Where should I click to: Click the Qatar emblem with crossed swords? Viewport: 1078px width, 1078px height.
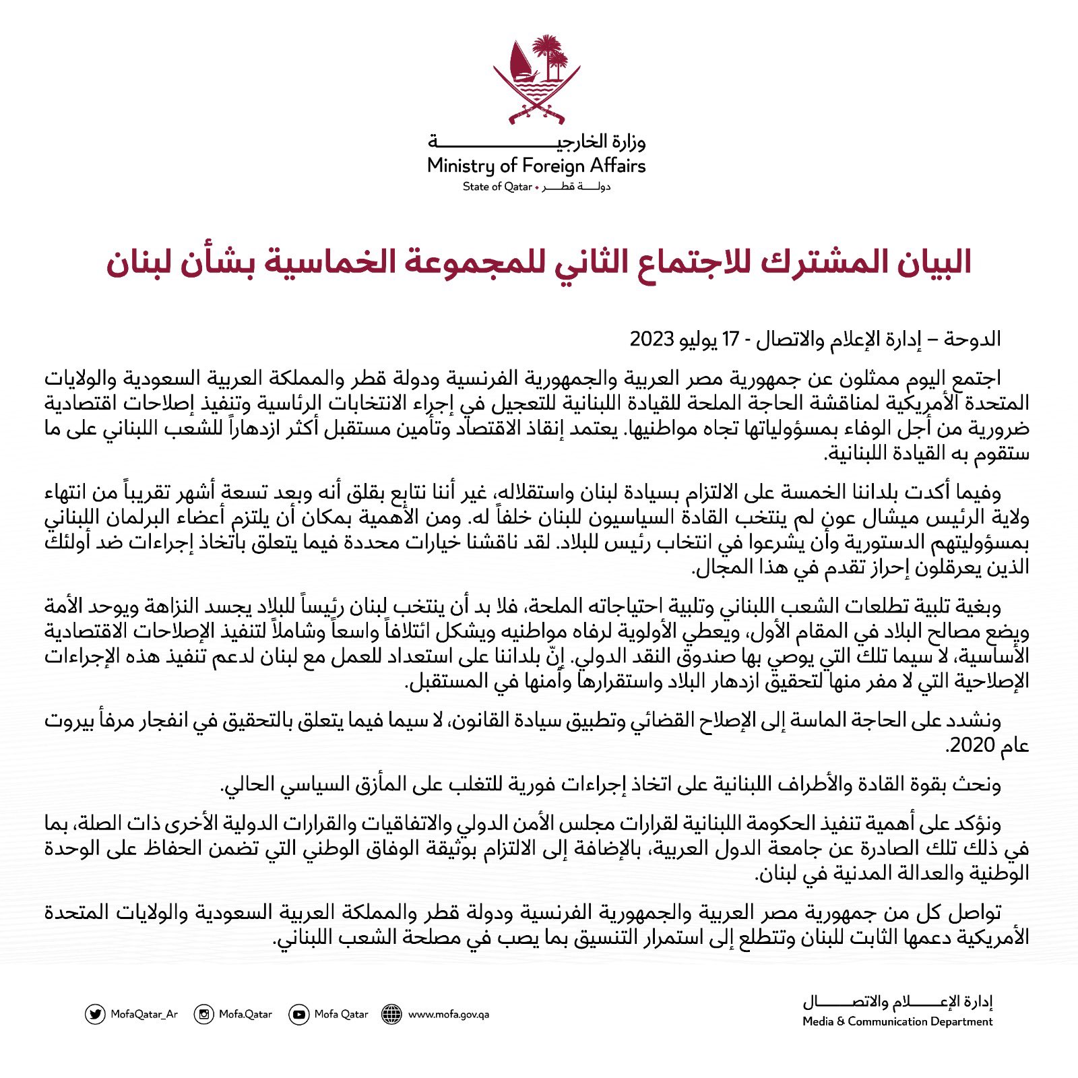coord(536,81)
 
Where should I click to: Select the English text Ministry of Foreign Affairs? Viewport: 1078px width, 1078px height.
coord(536,166)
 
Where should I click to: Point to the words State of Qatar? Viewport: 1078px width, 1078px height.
coord(497,187)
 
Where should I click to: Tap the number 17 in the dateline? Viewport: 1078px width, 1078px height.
coord(730,339)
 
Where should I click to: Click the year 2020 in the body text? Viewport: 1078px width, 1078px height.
coord(971,744)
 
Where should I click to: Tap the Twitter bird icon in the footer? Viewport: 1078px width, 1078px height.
coord(95,1014)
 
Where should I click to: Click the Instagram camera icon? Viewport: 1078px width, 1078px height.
coord(203,1014)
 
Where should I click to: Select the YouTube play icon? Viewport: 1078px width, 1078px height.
coord(298,1014)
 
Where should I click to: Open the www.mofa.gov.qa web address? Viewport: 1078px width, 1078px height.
coord(448,1014)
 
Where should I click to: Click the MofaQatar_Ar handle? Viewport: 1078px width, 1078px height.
coord(144,1014)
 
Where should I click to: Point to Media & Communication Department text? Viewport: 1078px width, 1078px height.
coord(897,1021)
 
